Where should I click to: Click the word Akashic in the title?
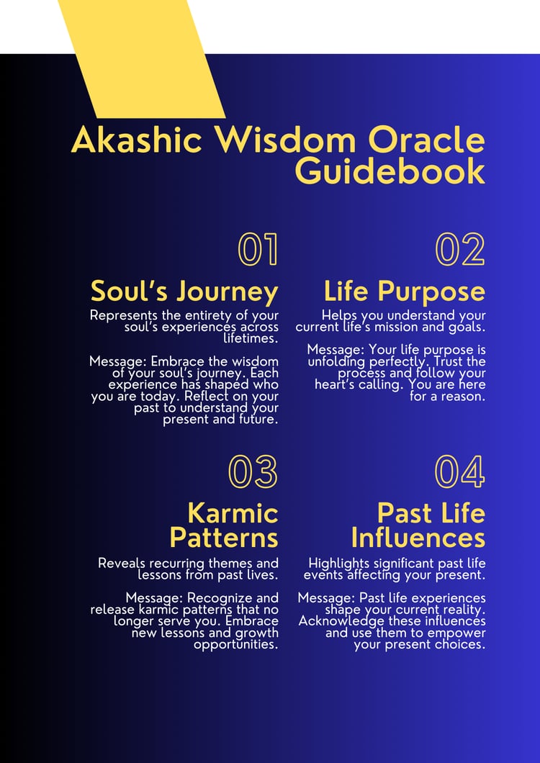pyautogui.click(x=136, y=140)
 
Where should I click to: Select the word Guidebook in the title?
pyautogui.click(x=390, y=171)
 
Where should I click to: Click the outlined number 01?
pyautogui.click(x=258, y=249)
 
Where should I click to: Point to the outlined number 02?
pyautogui.click(x=460, y=249)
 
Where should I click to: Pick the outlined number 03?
pyautogui.click(x=253, y=471)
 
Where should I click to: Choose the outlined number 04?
pyautogui.click(x=459, y=471)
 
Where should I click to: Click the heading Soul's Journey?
pyautogui.click(x=184, y=292)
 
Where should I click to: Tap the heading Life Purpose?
pyautogui.click(x=405, y=292)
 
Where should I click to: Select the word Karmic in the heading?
pyautogui.click(x=233, y=513)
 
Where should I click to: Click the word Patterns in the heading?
pyautogui.click(x=224, y=538)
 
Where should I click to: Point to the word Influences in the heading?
pyautogui.click(x=418, y=538)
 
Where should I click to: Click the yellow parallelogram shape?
pyautogui.click(x=141, y=58)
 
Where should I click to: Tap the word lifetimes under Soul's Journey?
pyautogui.click(x=251, y=338)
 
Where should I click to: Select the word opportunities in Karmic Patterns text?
pyautogui.click(x=236, y=645)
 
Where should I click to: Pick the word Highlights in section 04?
pyautogui.click(x=339, y=564)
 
